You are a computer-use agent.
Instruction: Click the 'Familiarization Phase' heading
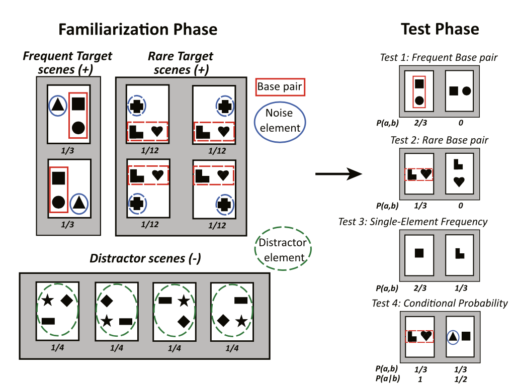[138, 29]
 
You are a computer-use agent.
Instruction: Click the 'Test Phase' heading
[440, 29]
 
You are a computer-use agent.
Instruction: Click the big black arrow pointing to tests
[338, 174]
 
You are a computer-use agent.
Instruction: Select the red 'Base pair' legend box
[280, 86]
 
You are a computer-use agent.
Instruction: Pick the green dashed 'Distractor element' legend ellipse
[282, 250]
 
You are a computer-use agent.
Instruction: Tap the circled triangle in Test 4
[453, 336]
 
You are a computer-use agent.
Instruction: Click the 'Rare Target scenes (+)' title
[181, 63]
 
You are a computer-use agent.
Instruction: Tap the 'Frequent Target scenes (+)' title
[67, 63]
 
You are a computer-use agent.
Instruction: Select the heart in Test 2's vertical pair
[459, 182]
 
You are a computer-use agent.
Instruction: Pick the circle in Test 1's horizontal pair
[467, 91]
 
